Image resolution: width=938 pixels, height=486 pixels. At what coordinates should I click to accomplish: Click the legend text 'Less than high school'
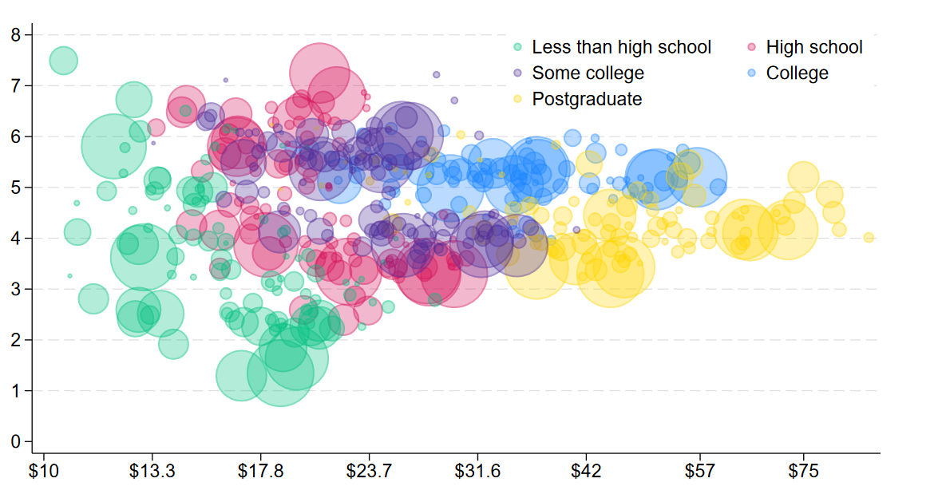621,48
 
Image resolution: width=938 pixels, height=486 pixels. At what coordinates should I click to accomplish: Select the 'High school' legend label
813,48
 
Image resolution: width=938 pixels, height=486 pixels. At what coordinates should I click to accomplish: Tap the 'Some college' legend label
588,73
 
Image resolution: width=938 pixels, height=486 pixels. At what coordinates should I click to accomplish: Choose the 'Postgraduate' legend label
587,99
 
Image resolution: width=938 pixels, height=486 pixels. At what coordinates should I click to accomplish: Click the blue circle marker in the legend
752,73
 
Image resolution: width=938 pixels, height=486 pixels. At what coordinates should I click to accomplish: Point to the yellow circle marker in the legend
518,99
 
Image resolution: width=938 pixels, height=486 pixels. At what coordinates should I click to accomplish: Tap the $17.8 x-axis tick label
261,470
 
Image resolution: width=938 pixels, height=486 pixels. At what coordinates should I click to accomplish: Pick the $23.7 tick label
370,470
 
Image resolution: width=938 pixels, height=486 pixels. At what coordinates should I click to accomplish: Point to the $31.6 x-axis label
478,470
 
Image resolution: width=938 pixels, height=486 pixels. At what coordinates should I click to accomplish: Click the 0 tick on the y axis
16,441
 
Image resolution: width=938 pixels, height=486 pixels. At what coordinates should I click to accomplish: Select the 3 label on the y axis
16,289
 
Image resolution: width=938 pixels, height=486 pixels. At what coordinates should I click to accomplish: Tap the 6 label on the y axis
16,136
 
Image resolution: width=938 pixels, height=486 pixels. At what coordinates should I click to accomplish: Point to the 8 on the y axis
16,35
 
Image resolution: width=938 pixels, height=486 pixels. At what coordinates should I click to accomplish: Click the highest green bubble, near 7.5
63,60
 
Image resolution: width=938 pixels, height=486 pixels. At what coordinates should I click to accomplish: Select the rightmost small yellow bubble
869,237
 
